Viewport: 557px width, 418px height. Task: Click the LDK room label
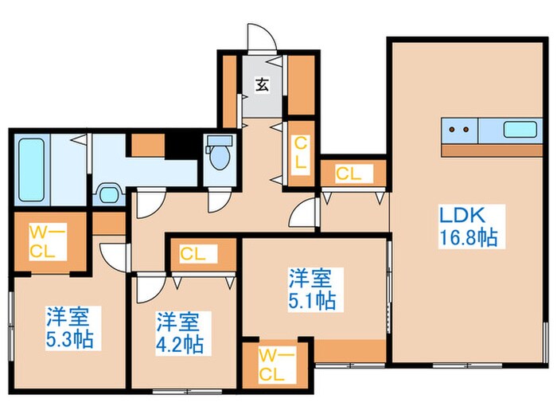click(x=462, y=215)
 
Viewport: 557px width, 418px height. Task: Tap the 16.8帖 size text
click(x=468, y=237)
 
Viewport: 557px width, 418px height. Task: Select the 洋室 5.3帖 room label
click(x=70, y=328)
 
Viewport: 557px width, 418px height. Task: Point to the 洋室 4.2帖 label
click(x=180, y=333)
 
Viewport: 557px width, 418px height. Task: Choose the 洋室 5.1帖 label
click(x=312, y=289)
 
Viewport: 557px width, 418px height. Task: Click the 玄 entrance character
click(x=262, y=84)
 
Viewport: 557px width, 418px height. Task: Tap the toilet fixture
click(x=220, y=152)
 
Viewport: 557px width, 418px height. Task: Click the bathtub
click(x=31, y=170)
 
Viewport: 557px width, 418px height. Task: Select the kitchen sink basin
click(x=520, y=129)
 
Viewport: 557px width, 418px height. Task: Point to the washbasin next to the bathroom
click(x=109, y=193)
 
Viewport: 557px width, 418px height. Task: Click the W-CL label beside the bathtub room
click(x=47, y=242)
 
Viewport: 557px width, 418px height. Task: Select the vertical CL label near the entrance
click(x=300, y=154)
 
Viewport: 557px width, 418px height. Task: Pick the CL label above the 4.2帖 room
click(x=193, y=254)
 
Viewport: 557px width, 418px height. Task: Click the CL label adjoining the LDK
click(x=349, y=174)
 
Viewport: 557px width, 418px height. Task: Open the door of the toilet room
click(x=219, y=201)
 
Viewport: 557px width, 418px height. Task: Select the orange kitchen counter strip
click(x=492, y=150)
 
